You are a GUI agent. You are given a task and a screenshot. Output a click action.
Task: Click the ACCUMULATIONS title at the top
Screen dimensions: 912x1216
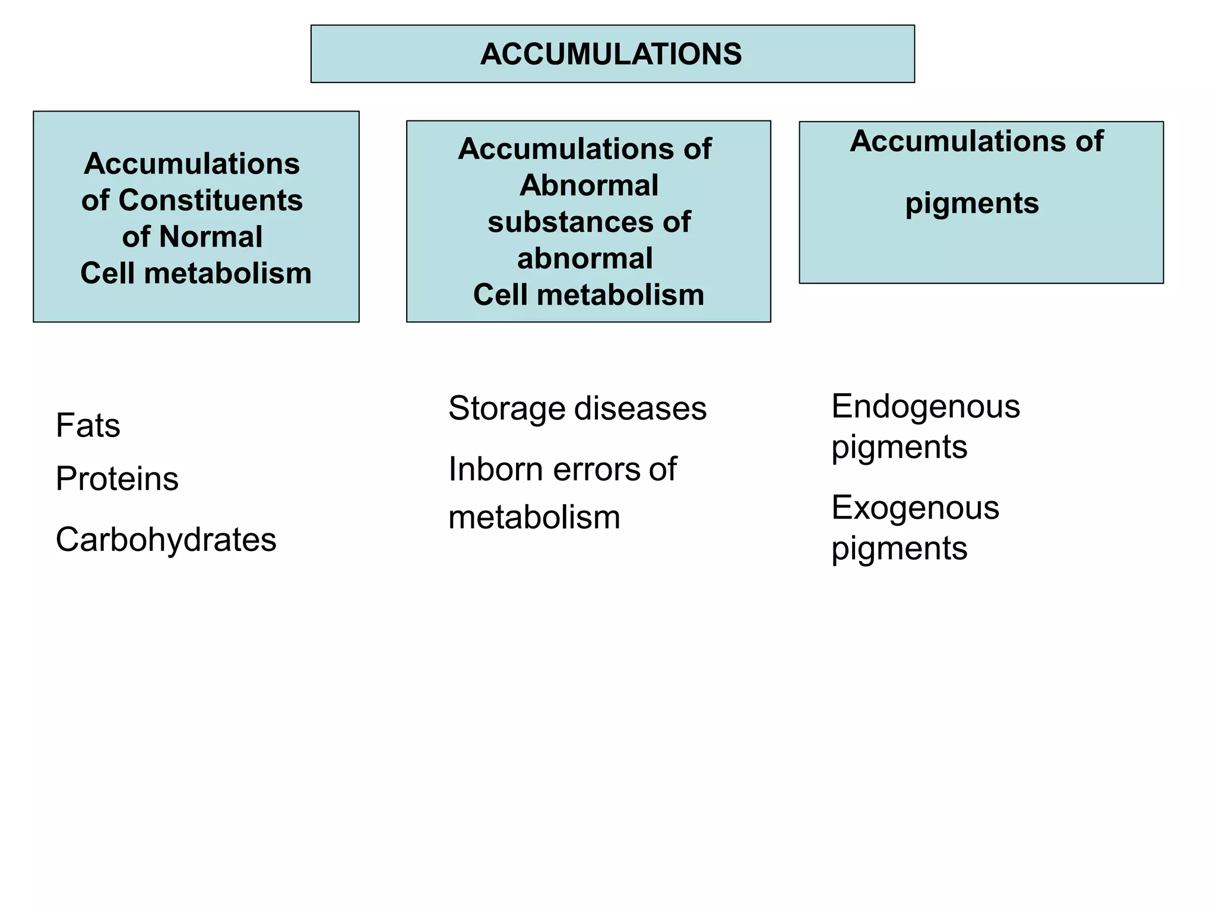click(x=611, y=54)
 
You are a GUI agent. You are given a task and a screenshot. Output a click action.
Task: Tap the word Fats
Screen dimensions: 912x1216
click(x=88, y=426)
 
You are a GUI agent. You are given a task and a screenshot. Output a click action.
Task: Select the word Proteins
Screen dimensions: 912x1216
click(x=117, y=479)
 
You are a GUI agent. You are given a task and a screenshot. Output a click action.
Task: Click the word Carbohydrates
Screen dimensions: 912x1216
click(x=166, y=540)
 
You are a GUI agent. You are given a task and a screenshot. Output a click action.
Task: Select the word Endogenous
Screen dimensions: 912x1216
click(x=925, y=407)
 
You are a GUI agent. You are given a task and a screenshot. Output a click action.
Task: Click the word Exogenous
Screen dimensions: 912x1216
click(x=915, y=508)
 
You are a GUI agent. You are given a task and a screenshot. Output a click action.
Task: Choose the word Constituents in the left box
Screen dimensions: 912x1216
click(x=210, y=200)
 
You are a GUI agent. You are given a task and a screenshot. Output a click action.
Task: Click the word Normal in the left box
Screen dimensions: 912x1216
click(x=210, y=236)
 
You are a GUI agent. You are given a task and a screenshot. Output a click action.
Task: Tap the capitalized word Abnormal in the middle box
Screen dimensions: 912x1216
click(x=588, y=185)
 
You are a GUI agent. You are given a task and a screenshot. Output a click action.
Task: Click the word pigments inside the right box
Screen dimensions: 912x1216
click(x=972, y=204)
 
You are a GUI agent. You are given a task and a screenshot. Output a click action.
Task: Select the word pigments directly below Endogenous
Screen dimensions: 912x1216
click(x=899, y=448)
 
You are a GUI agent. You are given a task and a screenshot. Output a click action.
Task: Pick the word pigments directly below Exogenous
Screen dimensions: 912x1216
click(x=899, y=549)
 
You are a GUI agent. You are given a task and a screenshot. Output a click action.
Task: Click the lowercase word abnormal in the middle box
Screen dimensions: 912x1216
click(x=585, y=259)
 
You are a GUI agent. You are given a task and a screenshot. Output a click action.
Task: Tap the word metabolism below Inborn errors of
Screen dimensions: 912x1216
click(x=534, y=518)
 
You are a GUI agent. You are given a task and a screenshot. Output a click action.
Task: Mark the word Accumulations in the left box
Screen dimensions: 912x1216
click(x=192, y=163)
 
